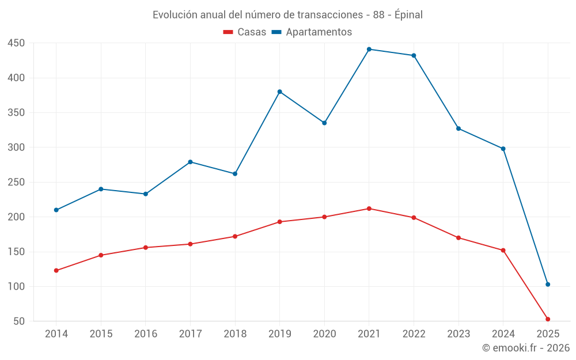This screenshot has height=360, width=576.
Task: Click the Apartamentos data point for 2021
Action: (369, 49)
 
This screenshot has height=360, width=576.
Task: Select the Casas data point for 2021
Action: (369, 209)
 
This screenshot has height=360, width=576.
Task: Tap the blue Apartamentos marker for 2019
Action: (280, 92)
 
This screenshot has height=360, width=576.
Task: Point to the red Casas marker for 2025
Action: (548, 319)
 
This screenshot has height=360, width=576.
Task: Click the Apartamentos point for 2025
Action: (548, 284)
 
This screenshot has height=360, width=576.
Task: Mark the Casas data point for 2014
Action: (56, 270)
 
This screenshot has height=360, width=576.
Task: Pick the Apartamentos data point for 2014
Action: (56, 210)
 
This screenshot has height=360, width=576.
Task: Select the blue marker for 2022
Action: (414, 55)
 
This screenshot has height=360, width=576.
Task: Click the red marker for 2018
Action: (235, 236)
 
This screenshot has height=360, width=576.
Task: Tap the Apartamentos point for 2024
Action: (503, 149)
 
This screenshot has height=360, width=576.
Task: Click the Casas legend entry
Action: (245, 32)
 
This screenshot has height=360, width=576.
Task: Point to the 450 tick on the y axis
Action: (16, 43)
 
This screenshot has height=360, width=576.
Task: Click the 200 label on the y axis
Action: (16, 217)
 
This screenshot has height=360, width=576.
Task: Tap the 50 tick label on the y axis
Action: (19, 321)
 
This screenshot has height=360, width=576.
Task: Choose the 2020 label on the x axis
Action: (324, 334)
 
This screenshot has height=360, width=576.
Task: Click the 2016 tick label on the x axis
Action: (146, 334)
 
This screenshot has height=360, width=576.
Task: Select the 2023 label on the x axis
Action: (458, 334)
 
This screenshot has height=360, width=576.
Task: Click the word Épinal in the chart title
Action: (408, 15)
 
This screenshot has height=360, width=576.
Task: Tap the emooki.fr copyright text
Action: (525, 348)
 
